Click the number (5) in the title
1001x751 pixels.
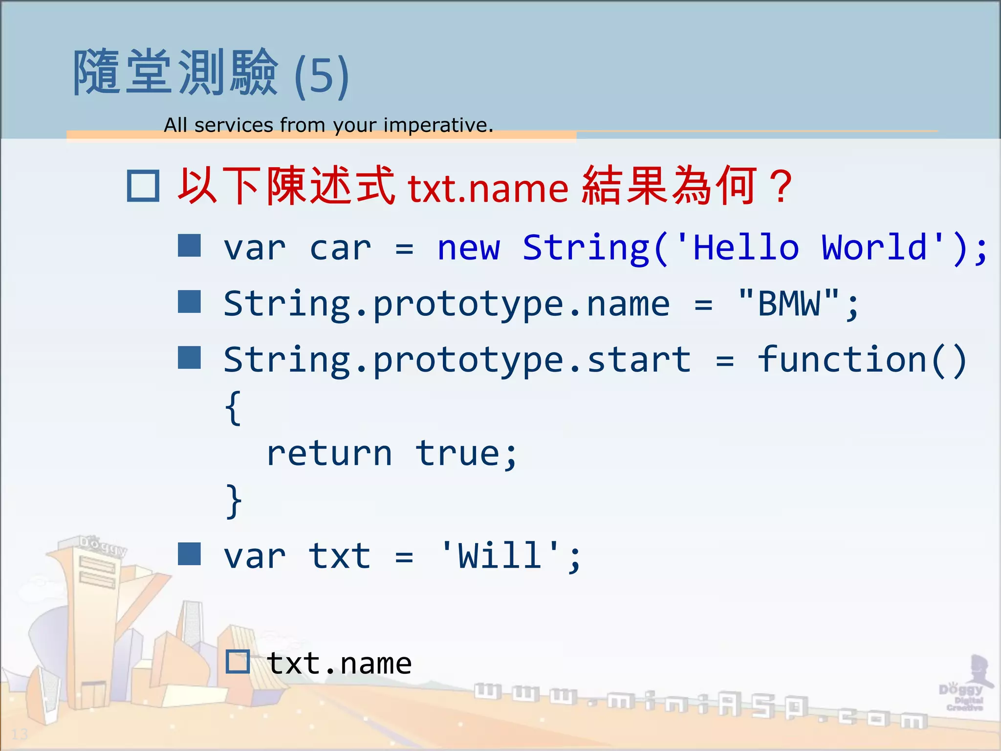coord(322,76)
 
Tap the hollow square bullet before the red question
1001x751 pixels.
coord(143,186)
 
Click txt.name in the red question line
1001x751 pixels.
coord(488,188)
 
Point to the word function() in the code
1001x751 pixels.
coord(862,359)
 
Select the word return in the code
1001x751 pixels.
coord(329,454)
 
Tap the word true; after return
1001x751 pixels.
coord(466,454)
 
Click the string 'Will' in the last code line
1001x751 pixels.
coord(500,556)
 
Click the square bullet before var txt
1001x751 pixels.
coord(189,554)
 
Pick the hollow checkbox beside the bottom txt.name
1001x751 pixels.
coord(238,662)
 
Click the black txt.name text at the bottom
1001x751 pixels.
coord(339,663)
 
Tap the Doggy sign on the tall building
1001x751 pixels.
coord(103,545)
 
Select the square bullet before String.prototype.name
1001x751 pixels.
coord(189,302)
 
